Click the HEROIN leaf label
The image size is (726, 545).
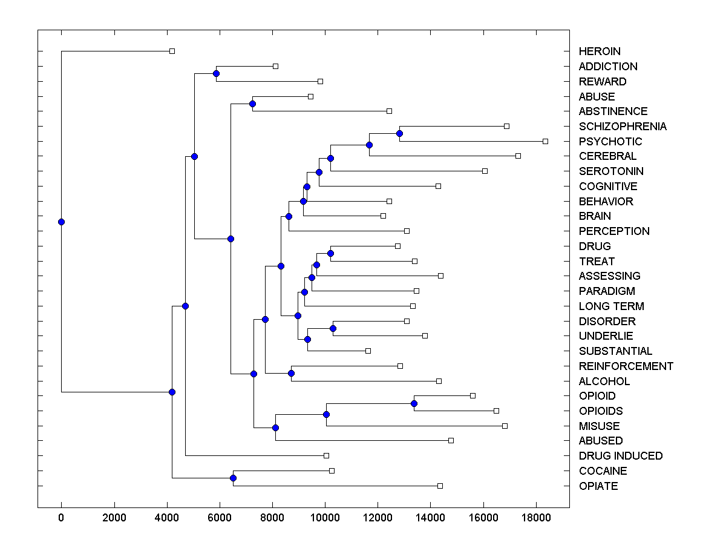click(x=600, y=51)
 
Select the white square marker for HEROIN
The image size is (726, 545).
click(x=172, y=51)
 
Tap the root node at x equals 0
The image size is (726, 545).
click(x=61, y=222)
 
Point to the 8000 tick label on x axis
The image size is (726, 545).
click(x=272, y=517)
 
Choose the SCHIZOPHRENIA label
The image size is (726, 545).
click(x=623, y=127)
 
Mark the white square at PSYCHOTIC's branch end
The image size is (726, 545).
click(x=545, y=141)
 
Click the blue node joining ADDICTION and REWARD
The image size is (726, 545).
click(x=216, y=73)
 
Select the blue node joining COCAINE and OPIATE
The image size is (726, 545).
click(x=233, y=478)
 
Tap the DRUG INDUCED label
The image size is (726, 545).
click(x=621, y=456)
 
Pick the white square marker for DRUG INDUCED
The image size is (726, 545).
click(x=326, y=455)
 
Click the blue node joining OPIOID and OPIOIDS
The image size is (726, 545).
click(x=414, y=403)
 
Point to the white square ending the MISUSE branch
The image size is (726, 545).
click(x=505, y=426)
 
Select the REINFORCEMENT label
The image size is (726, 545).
click(x=626, y=366)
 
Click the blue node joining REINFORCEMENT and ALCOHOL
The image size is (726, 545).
click(x=291, y=373)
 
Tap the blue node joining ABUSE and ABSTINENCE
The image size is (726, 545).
click(x=252, y=104)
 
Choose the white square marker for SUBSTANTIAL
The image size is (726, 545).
click(x=368, y=351)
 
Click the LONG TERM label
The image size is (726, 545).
click(x=612, y=306)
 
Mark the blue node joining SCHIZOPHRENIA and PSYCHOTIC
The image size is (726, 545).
click(x=399, y=133)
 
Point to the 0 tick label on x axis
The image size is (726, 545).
click(x=61, y=517)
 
